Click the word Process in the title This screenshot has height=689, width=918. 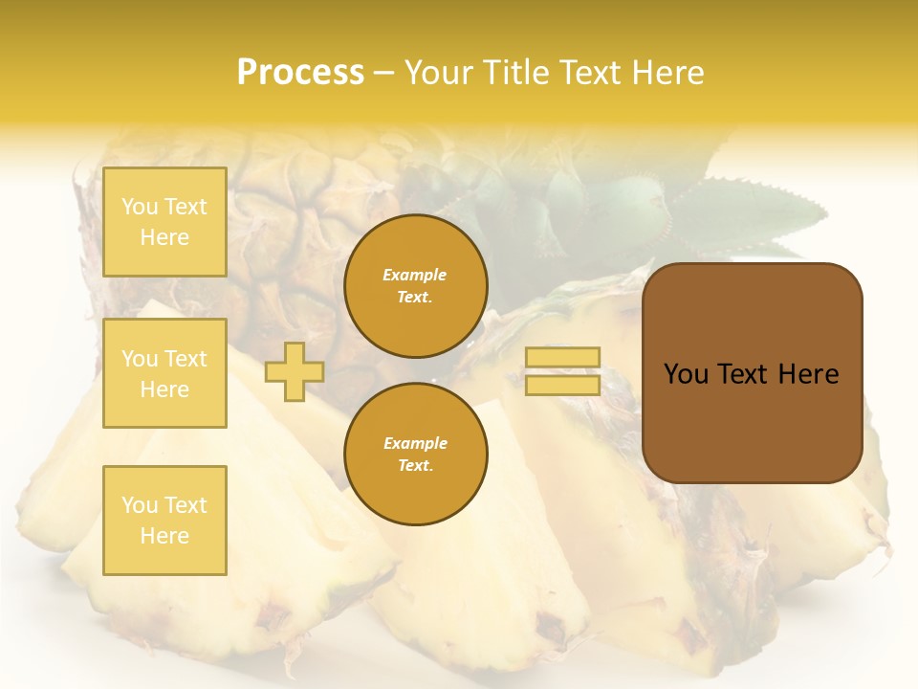click(300, 73)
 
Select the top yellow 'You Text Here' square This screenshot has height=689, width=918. click(164, 222)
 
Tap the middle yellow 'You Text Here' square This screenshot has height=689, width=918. click(164, 373)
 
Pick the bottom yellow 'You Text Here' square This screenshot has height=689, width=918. click(164, 520)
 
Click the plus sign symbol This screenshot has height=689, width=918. click(295, 371)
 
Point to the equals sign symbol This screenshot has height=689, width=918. click(562, 371)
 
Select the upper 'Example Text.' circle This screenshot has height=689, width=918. click(416, 286)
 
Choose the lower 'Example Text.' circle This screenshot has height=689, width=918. click(416, 455)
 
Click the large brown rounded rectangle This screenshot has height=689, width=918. click(752, 373)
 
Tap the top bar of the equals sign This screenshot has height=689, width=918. click(562, 357)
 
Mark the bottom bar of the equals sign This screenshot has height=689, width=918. click(562, 385)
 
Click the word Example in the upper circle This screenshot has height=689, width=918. click(414, 275)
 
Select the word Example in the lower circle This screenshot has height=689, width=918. click(415, 443)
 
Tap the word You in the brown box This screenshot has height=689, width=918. click(686, 374)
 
